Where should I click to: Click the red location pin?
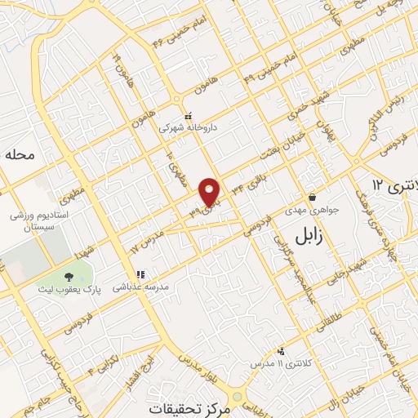tap(210, 190)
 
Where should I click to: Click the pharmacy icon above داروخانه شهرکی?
tap(188, 115)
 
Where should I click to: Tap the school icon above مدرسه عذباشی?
tap(140, 274)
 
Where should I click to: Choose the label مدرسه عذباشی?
tap(140, 287)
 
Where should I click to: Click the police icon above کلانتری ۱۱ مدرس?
tap(281, 349)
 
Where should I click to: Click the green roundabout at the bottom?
tap(236, 396)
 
